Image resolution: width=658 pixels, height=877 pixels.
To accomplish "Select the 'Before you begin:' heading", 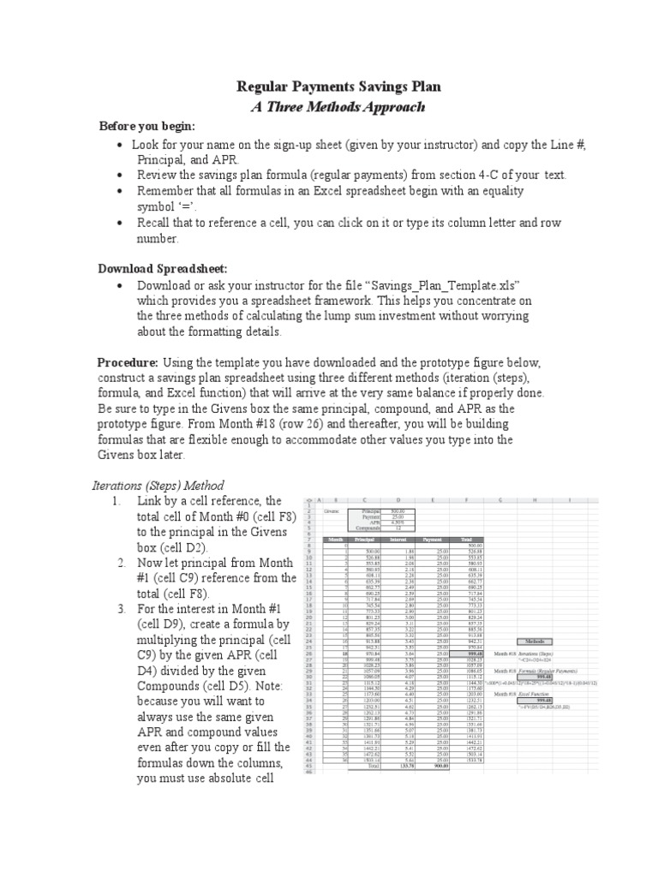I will click(x=147, y=126).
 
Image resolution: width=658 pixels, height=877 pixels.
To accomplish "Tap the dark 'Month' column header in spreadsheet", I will click(x=335, y=540).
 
